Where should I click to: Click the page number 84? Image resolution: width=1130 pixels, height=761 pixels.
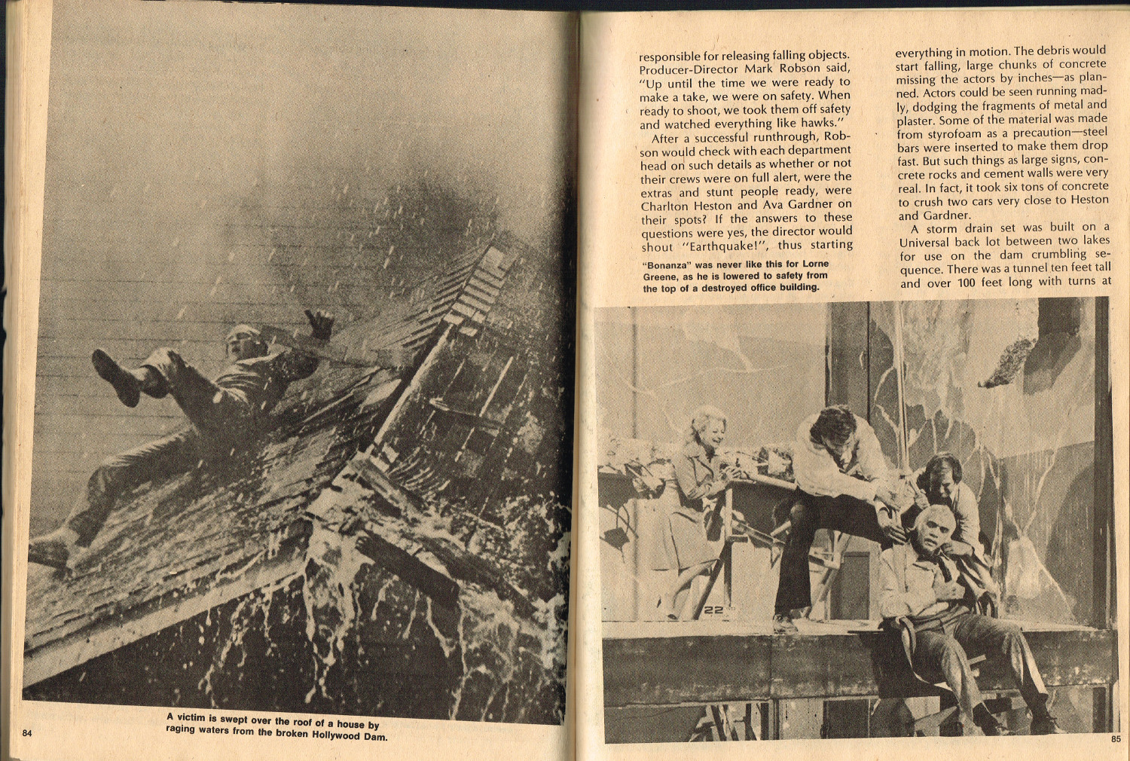tap(27, 733)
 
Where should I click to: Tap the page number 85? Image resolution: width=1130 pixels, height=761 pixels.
tap(1115, 739)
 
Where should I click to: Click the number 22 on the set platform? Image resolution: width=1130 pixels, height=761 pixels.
tap(713, 610)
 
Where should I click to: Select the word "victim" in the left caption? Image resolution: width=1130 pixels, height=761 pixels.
tap(196, 718)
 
